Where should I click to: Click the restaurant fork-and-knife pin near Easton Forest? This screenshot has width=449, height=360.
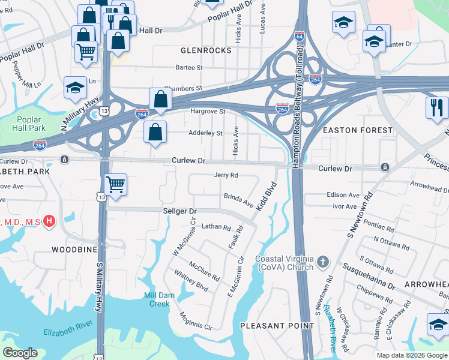436,107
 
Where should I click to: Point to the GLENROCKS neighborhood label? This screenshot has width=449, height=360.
205,50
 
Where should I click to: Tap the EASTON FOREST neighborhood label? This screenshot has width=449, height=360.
357,130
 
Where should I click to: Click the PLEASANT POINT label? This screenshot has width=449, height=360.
277,326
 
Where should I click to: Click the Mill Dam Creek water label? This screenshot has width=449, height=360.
157,299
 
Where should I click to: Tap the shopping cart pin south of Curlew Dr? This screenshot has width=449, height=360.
115,184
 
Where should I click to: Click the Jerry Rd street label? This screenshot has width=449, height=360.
226,175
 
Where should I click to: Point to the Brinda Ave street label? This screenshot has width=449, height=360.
239,200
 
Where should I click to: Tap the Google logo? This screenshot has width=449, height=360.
20,353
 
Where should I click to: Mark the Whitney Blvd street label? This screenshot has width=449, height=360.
191,280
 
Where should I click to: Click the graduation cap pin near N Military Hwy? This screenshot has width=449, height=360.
75,88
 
